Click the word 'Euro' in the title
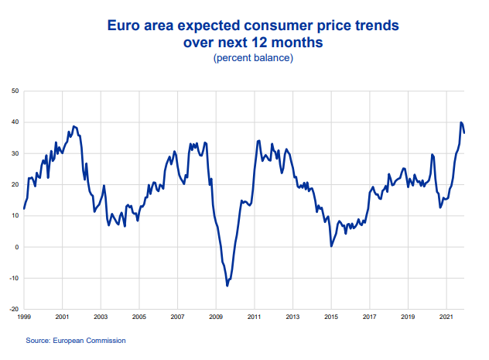click(x=124, y=26)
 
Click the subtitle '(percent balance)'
click(x=253, y=58)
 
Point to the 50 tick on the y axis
click(x=15, y=91)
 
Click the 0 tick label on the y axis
click(x=17, y=247)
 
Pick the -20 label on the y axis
click(x=14, y=309)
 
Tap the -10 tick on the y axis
click(x=14, y=278)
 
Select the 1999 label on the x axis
click(x=24, y=317)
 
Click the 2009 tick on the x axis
click(x=216, y=317)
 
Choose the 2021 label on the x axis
click(x=446, y=317)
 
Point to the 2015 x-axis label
click(x=331, y=317)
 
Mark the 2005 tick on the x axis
click(x=139, y=317)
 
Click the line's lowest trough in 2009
click(x=227, y=286)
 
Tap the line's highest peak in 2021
click(x=461, y=122)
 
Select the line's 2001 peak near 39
click(x=74, y=126)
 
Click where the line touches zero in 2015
click(x=331, y=246)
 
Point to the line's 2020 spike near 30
click(x=433, y=154)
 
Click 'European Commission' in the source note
click(x=89, y=341)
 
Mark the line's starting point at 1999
click(x=24, y=208)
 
